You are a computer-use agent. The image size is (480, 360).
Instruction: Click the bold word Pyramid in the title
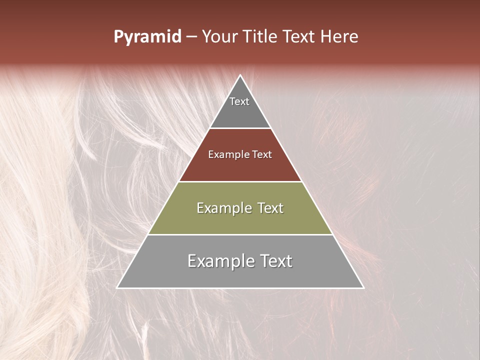tap(147, 37)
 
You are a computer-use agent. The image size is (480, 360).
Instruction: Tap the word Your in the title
tap(220, 37)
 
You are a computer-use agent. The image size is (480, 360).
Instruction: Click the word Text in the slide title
tap(300, 37)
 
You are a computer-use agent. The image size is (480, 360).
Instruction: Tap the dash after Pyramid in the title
tap(191, 37)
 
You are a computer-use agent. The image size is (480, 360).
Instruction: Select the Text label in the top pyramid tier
tap(239, 101)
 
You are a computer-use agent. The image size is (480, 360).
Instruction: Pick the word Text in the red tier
tap(262, 154)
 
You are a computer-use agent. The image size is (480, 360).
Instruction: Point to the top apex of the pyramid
tap(240, 75)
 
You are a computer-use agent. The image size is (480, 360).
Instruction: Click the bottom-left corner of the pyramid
tap(117, 288)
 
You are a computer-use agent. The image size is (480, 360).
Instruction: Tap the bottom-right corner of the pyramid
tap(363, 288)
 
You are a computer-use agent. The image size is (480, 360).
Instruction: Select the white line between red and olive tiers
tap(240, 181)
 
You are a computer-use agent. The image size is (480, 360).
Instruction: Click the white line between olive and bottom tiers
tap(240, 234)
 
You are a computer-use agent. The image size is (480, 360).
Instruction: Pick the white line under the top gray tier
tap(240, 128)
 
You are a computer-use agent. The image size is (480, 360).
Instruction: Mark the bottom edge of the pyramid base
tap(240, 288)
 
